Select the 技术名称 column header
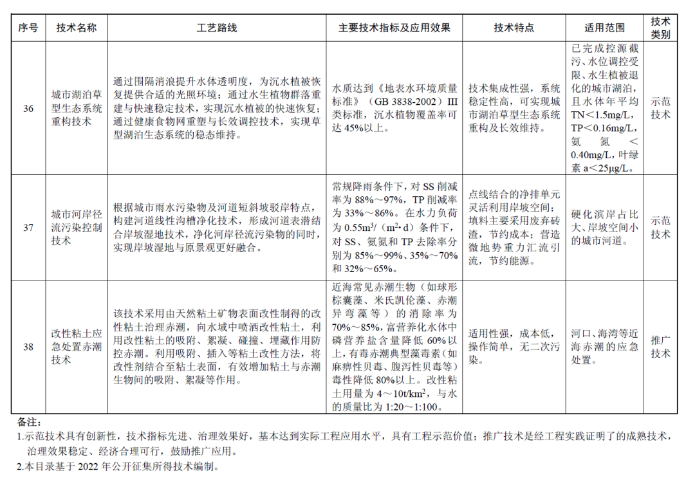click(76, 28)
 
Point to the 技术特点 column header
click(514, 28)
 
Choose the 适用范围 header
click(604, 28)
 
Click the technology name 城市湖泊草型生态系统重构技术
click(76, 109)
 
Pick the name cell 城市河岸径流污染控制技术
click(76, 227)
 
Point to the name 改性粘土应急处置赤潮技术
click(76, 347)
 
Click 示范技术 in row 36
click(660, 109)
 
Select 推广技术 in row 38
click(660, 347)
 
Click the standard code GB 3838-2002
click(409, 102)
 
